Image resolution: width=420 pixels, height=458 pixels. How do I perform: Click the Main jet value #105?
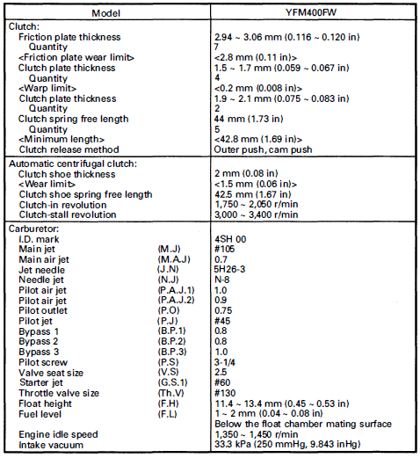[225, 250]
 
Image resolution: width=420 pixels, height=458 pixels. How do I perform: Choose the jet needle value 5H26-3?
[231, 269]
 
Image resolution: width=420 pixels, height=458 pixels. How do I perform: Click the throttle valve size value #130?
[225, 392]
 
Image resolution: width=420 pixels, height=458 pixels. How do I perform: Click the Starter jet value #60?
[223, 382]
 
